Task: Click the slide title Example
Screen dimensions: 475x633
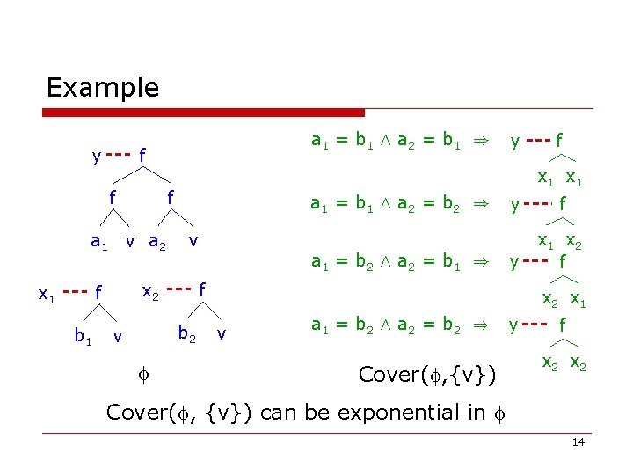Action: coord(102,88)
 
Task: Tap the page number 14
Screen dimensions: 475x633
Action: coord(578,442)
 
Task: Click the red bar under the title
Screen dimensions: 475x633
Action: coord(204,113)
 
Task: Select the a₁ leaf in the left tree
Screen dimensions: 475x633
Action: coord(99,242)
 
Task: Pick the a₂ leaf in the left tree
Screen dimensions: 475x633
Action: coord(157,242)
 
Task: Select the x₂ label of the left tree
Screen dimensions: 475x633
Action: coord(150,289)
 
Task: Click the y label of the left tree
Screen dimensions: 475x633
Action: coord(96,157)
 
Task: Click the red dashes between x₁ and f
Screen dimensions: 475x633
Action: coord(76,291)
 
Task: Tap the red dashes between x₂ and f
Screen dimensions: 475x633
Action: coord(179,287)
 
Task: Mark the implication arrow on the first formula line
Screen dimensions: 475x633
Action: coord(479,141)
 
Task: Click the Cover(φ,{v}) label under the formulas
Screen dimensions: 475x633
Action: coord(428,376)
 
